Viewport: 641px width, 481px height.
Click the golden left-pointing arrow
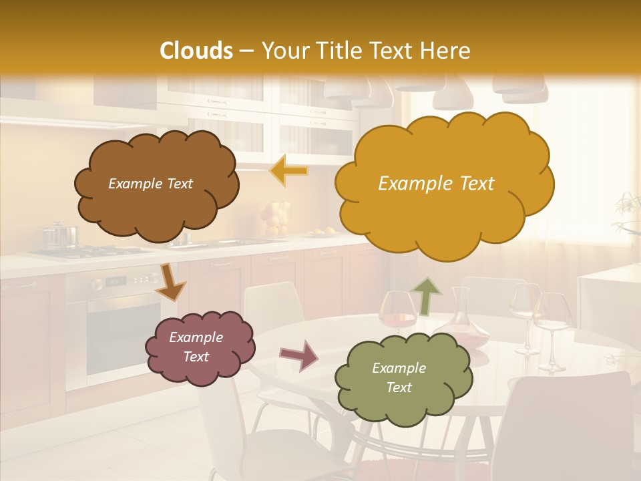(x=290, y=171)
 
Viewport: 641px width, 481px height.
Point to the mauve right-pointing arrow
(x=299, y=355)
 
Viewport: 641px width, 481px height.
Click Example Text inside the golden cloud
(x=436, y=184)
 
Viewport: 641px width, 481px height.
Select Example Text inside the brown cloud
(x=150, y=184)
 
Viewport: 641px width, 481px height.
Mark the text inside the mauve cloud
(x=196, y=347)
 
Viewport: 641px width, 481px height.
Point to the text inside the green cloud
(x=399, y=377)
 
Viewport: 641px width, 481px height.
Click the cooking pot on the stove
(x=59, y=236)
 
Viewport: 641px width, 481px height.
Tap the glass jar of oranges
(x=274, y=218)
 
